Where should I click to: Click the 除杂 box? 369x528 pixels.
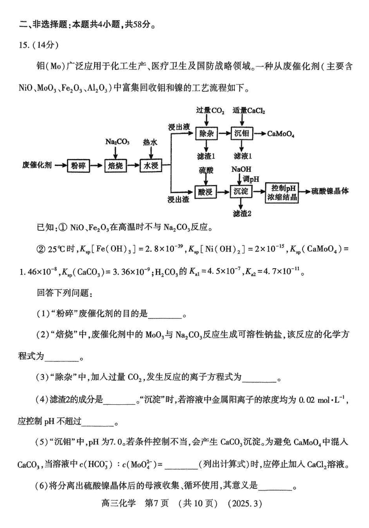click(x=205, y=134)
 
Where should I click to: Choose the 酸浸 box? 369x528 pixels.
click(x=205, y=191)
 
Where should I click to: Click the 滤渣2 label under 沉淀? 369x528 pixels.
click(x=242, y=213)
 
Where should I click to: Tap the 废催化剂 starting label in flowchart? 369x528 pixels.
click(x=37, y=165)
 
